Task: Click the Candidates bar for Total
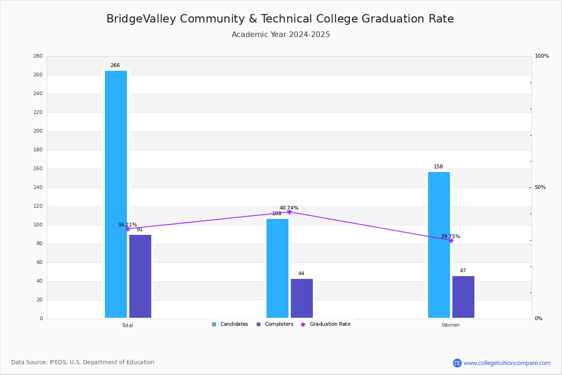116,194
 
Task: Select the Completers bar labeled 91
140,276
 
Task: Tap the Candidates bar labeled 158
439,245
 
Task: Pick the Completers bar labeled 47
463,297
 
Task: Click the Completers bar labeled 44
302,299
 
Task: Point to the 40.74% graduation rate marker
289,212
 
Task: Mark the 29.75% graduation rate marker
451,241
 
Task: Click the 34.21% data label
127,225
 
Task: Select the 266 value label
115,65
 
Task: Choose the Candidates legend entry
230,324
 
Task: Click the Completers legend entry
275,324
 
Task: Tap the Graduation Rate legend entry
325,324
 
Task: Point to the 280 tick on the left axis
38,56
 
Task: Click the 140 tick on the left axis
38,187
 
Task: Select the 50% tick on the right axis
540,187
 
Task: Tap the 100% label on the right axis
542,56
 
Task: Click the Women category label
451,325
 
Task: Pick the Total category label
127,325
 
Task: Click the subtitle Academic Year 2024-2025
281,34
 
